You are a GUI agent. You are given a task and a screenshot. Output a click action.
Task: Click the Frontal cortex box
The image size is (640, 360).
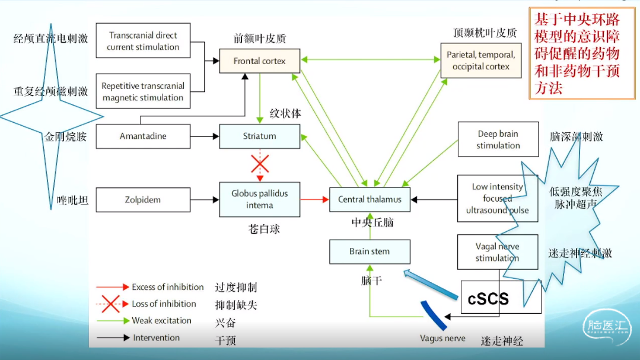[x=259, y=60]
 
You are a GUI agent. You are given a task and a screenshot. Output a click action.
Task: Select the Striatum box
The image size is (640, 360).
[x=259, y=136]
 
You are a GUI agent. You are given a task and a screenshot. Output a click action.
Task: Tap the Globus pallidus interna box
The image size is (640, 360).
[x=259, y=199]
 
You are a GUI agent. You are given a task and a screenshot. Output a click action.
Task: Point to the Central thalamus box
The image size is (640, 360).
[x=370, y=199]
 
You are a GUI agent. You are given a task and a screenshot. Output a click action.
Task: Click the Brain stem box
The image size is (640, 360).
[x=370, y=251]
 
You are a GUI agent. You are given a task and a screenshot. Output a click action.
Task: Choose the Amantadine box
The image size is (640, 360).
[x=143, y=136]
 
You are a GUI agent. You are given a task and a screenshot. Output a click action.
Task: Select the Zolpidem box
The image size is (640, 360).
[x=143, y=200]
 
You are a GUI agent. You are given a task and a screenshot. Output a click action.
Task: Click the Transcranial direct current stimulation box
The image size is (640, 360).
[x=143, y=41]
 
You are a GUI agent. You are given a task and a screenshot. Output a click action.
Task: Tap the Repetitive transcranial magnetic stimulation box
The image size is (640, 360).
[x=143, y=91]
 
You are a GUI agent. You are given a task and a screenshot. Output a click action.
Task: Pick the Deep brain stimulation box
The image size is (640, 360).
[x=498, y=140]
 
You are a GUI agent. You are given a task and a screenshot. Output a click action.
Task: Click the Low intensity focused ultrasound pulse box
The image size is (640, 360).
[x=498, y=198]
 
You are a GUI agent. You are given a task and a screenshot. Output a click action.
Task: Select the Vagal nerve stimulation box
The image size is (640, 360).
[x=497, y=252]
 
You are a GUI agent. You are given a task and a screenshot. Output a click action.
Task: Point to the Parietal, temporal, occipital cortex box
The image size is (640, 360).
[x=480, y=60]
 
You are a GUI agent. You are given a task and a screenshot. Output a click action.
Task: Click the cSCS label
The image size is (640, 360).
[x=488, y=298]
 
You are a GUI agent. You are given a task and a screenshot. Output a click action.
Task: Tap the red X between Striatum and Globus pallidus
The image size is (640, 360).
[x=259, y=164]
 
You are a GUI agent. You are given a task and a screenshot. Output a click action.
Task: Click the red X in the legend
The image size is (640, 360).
[x=111, y=304]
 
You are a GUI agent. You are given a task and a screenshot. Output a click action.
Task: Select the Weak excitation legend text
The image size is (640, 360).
[x=161, y=321]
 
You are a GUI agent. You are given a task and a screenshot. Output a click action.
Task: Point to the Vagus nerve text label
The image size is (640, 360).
[x=442, y=339]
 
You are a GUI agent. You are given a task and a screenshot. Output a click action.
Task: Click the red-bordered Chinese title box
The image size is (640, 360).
[x=576, y=54]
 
